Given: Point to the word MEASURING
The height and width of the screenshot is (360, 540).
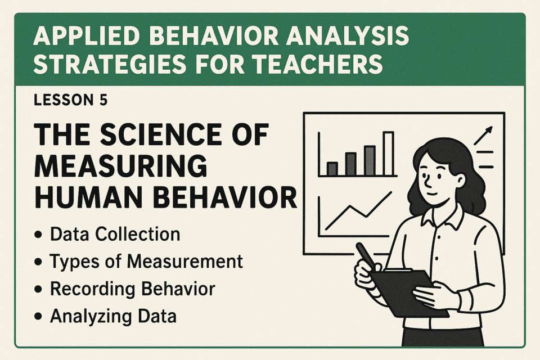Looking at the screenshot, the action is tap(121, 166).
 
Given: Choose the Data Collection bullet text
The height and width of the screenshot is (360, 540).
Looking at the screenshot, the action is tap(115, 234).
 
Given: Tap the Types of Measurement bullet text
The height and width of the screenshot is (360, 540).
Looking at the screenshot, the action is tap(146, 261).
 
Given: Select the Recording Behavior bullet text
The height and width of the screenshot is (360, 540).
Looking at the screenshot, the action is tap(133, 289).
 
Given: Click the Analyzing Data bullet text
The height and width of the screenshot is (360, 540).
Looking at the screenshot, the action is tap(113, 316).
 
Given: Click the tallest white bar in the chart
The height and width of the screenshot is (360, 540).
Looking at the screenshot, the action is tap(388, 154).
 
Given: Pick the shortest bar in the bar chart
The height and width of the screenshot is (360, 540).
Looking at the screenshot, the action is tap(332, 169).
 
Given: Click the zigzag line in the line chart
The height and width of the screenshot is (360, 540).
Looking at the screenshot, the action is tap(358, 211).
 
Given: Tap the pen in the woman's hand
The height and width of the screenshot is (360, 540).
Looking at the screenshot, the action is tap(366, 256).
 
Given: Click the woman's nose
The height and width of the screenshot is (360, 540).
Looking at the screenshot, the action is tap(427, 180).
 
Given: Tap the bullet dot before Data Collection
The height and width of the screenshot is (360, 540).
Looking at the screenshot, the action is tap(38, 235).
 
